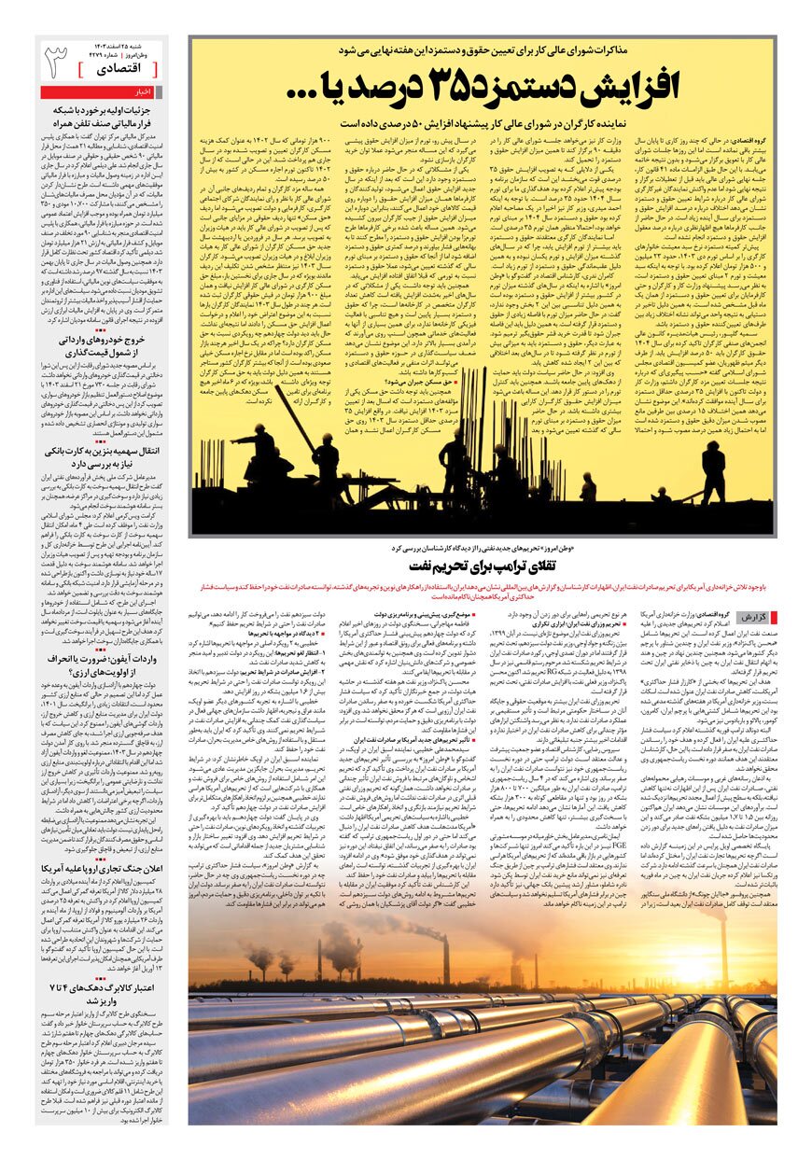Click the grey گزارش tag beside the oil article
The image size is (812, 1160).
point(751,617)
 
